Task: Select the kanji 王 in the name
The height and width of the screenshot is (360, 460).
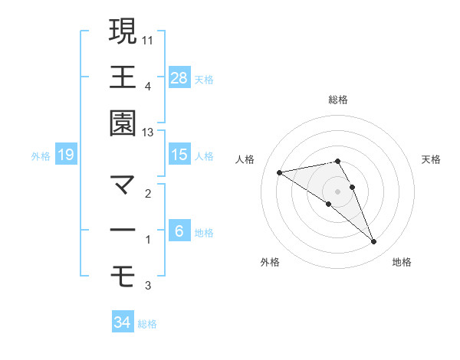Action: click(x=123, y=77)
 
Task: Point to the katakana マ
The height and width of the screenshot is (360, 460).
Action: click(x=123, y=185)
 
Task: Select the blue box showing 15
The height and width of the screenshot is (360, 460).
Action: click(x=179, y=155)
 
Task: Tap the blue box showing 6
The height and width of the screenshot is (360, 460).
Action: click(x=179, y=231)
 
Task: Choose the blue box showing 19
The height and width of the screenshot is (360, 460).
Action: click(x=65, y=155)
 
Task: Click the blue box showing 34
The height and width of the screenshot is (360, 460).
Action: click(x=122, y=322)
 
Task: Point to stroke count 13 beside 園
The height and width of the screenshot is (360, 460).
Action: click(x=148, y=133)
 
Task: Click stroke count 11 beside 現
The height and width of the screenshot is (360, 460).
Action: click(x=148, y=38)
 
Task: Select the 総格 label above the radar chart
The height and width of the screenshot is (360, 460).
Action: click(x=338, y=100)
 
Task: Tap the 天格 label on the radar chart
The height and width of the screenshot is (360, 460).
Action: click(x=432, y=159)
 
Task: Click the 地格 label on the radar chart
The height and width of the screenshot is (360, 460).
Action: click(x=402, y=262)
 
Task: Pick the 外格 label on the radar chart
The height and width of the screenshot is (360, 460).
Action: click(x=270, y=262)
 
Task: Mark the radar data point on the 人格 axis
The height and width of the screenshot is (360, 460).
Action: click(x=280, y=172)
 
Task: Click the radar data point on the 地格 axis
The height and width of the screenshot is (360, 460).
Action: click(x=373, y=242)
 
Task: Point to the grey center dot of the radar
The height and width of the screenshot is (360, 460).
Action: click(x=338, y=191)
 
